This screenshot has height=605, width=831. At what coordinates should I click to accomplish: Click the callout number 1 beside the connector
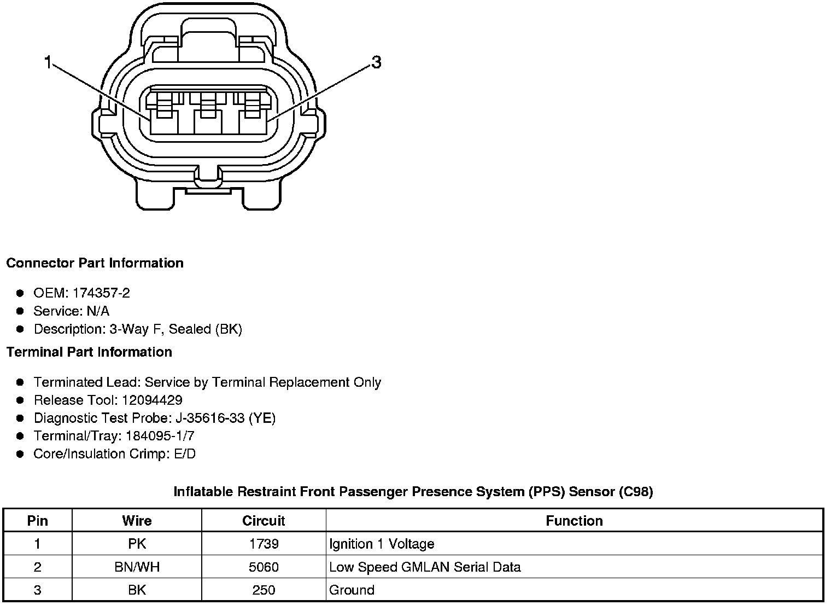[x=48, y=63]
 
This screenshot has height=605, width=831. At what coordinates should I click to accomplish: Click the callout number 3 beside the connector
[x=376, y=63]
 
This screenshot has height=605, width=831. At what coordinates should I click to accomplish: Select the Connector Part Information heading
[x=95, y=263]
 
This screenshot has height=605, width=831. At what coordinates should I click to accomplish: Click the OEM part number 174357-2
[x=101, y=293]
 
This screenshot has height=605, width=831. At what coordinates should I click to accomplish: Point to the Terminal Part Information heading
[x=89, y=352]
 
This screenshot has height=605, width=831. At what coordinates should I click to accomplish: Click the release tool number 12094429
[x=152, y=400]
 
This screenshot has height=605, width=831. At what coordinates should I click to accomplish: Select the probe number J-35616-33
[x=209, y=418]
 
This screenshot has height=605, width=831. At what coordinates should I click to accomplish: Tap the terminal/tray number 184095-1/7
[x=160, y=436]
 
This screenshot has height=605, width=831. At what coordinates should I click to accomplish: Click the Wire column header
[x=137, y=521]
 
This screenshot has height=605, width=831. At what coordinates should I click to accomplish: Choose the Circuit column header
[x=264, y=521]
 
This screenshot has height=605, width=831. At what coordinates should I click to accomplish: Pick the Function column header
[x=574, y=521]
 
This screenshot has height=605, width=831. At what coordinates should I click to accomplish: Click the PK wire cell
[x=137, y=544]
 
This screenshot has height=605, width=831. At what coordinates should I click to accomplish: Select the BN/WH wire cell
[x=137, y=567]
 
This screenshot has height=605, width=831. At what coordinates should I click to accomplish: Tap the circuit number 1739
[x=264, y=544]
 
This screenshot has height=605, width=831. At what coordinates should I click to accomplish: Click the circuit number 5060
[x=264, y=567]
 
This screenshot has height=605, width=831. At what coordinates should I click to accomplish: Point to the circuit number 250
[x=264, y=590]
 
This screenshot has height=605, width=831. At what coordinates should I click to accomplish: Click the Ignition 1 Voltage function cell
[x=382, y=544]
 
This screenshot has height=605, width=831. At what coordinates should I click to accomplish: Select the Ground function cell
[x=352, y=590]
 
